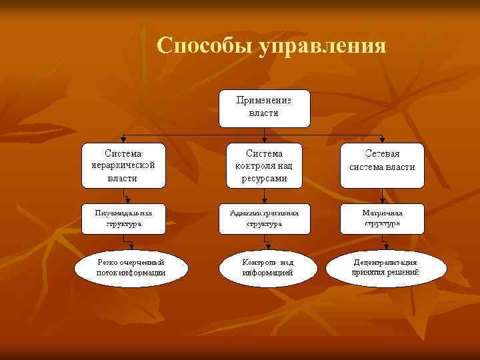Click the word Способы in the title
[x=204, y=45]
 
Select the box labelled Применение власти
[x=265, y=107]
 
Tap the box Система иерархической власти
[x=123, y=165]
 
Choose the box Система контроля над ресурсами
[x=265, y=165]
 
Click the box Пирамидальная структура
[x=123, y=218]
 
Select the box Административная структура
[x=265, y=218]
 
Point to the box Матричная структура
[x=382, y=218]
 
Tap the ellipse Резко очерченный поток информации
[x=131, y=267]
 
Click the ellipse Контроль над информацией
[x=267, y=267]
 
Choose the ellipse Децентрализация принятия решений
[x=385, y=267]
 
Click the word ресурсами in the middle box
[x=265, y=178]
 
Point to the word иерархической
[x=123, y=165]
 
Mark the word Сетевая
[x=382, y=154]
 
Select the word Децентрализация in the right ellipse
[x=385, y=262]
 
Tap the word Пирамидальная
[x=123, y=213]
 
